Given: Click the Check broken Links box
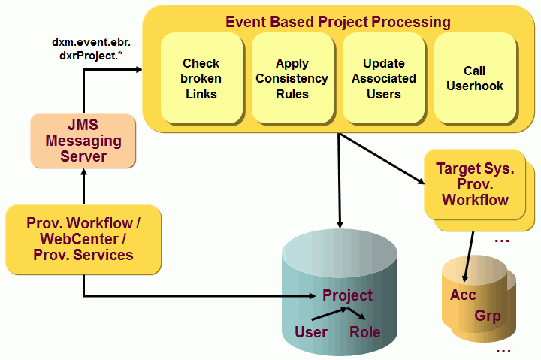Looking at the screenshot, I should click(x=201, y=78).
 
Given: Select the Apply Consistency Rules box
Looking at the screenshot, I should click(x=292, y=78).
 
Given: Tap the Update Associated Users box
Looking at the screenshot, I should click(x=383, y=78).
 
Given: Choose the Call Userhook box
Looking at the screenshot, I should click(x=475, y=78).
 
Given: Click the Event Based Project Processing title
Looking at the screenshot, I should click(x=338, y=21).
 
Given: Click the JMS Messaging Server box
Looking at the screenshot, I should click(x=83, y=141).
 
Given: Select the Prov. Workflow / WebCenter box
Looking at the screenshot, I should click(x=83, y=238).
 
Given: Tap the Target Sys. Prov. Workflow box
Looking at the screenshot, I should click(x=475, y=184).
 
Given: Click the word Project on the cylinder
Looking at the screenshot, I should click(x=347, y=295).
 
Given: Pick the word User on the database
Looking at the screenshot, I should click(x=310, y=331).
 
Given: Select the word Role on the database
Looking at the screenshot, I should click(x=365, y=331).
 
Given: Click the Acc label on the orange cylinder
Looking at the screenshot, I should click(x=463, y=295).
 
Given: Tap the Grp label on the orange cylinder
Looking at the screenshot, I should click(x=487, y=316).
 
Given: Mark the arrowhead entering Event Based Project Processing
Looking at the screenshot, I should click(x=138, y=70).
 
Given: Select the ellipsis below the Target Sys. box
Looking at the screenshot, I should click(x=502, y=241).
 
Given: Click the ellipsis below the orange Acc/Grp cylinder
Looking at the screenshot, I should click(x=502, y=350).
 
